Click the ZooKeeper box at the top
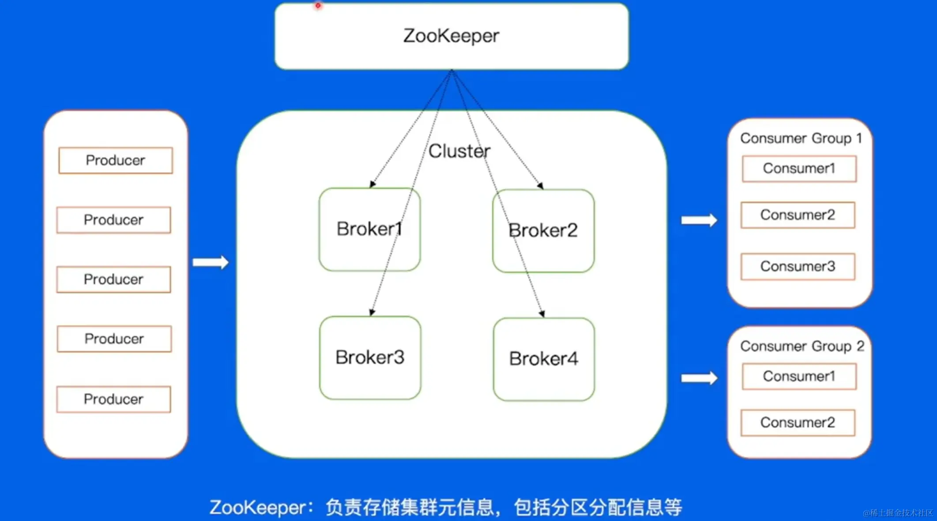(451, 36)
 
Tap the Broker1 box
(369, 229)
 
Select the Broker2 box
(543, 230)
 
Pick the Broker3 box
(370, 357)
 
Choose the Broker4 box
(543, 359)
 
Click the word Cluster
(459, 151)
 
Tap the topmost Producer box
(115, 160)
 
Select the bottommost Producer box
(113, 399)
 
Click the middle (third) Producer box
(113, 279)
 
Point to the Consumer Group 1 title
(801, 138)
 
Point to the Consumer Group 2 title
(802, 346)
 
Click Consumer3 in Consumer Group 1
(798, 267)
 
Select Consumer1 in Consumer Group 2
(799, 376)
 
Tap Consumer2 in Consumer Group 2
(798, 423)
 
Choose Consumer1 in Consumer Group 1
(799, 168)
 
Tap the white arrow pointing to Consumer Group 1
(699, 220)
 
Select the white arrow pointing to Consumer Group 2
(699, 378)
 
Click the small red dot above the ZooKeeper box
(318, 6)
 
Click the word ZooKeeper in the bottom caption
(258, 507)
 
